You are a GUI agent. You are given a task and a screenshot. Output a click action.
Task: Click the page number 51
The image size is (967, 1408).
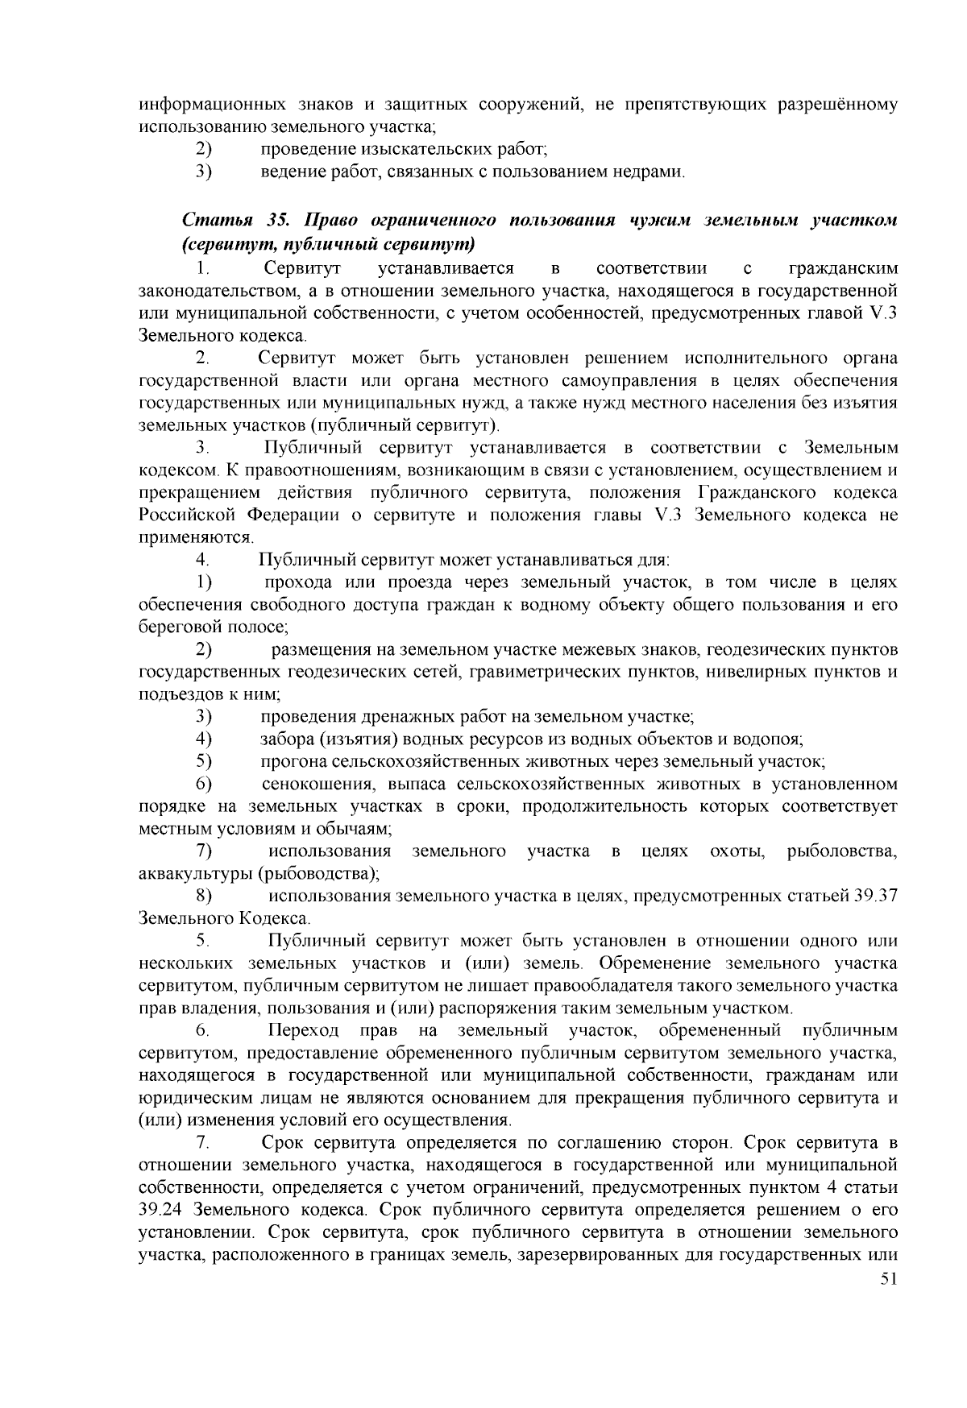pos(889,1278)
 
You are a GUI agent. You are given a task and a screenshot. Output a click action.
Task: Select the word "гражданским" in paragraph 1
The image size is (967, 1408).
pos(844,267)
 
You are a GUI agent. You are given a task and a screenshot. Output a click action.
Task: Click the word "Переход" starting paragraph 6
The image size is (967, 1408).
pos(302,1031)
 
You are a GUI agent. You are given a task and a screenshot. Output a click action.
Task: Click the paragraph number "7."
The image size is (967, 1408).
pos(203,1142)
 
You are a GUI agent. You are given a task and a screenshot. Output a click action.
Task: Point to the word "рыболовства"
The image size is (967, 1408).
pos(842,851)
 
